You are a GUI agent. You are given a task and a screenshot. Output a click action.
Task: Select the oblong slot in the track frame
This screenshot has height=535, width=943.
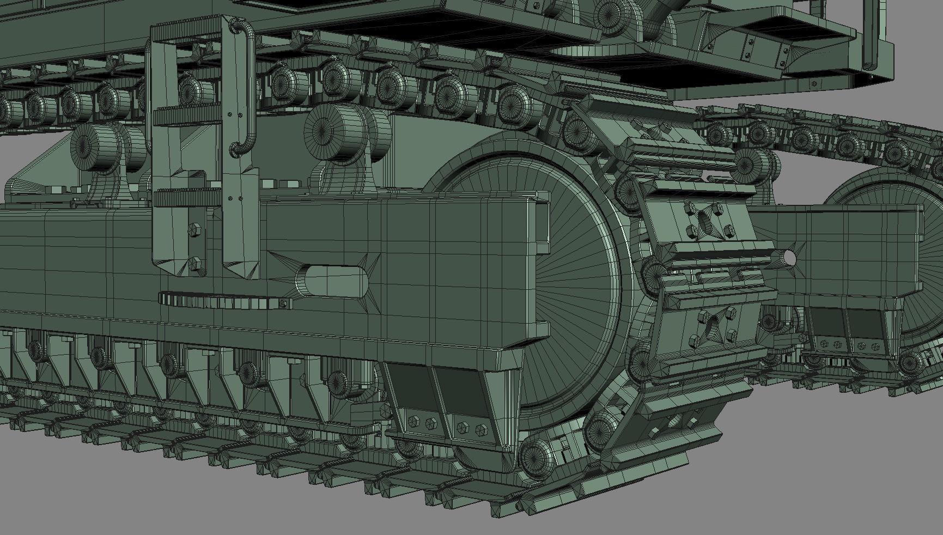pyautogui.click(x=334, y=282)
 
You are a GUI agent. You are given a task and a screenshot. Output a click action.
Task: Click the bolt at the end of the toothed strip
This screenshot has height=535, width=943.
pyautogui.click(x=283, y=304)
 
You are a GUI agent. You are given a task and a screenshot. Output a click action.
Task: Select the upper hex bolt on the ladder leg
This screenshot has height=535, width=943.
pyautogui.click(x=195, y=229)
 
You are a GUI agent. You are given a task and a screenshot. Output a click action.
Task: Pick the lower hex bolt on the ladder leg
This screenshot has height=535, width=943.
pyautogui.click(x=195, y=264)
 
